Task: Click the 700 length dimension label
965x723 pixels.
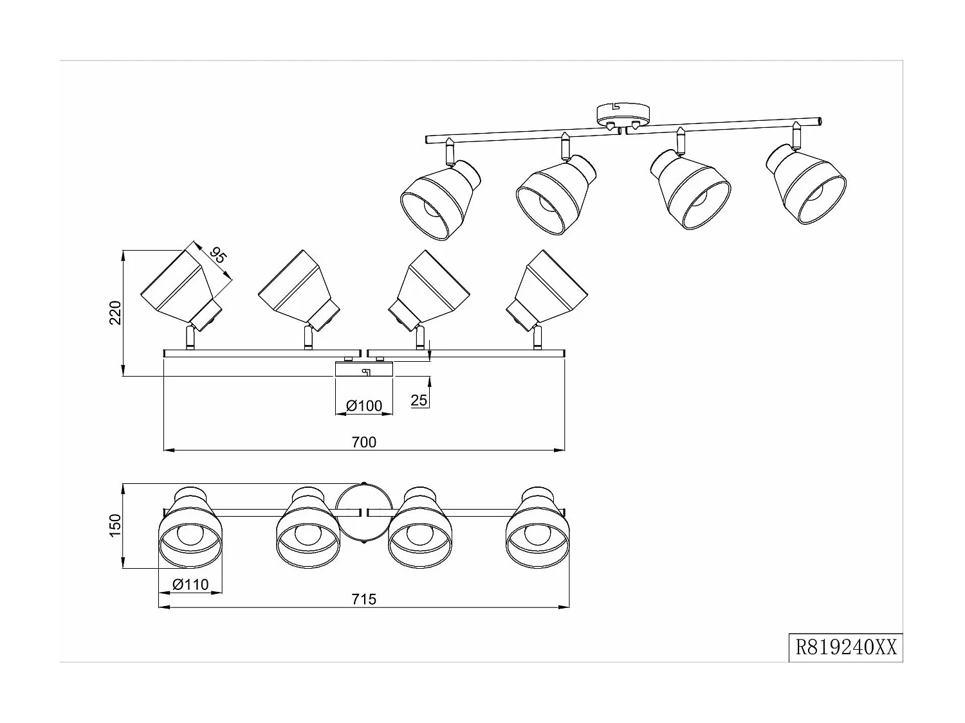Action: (364, 442)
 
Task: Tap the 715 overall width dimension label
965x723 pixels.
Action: (364, 599)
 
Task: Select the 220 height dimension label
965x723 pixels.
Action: (116, 312)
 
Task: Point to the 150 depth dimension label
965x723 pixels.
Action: (116, 526)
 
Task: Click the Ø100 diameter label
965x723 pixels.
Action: (364, 406)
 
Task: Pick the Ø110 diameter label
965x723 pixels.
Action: (190, 584)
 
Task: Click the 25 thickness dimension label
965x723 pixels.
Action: (419, 400)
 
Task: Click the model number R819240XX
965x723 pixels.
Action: (845, 647)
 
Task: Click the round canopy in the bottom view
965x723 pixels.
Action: (363, 514)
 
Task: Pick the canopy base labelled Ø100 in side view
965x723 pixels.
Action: (363, 370)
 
